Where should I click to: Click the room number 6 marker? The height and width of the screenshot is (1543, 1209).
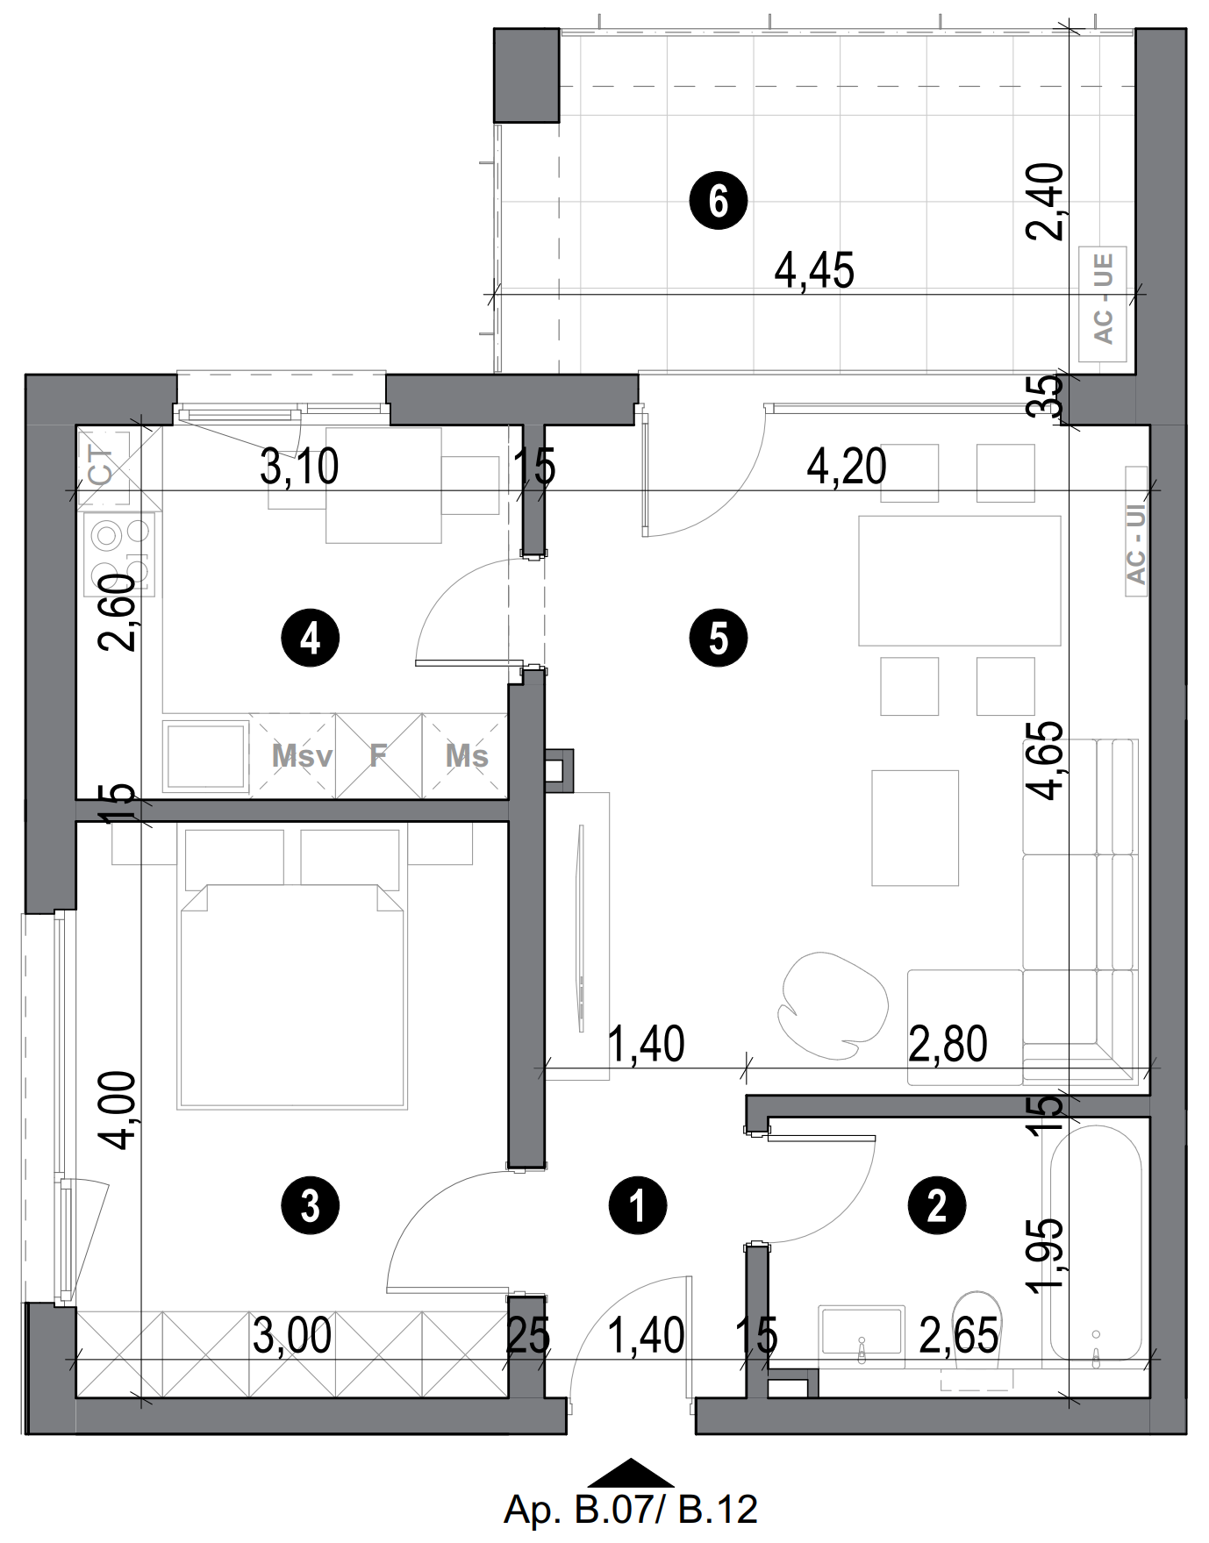718,201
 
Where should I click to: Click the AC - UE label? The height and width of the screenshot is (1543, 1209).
1103,298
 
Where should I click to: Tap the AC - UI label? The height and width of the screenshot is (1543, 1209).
1136,544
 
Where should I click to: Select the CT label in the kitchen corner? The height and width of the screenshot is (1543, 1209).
102,467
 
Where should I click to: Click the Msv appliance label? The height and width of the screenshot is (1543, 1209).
301,755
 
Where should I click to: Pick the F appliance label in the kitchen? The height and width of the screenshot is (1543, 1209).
378,755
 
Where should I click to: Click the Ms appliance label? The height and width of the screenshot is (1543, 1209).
466,755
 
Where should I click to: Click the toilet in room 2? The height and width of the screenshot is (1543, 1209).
976,1333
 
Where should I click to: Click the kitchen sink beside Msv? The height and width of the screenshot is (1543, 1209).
205,755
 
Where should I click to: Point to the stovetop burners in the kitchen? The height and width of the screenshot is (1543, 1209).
119,554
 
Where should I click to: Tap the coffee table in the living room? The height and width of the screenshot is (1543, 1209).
914,827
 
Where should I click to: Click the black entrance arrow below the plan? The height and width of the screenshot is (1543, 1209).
630,1474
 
